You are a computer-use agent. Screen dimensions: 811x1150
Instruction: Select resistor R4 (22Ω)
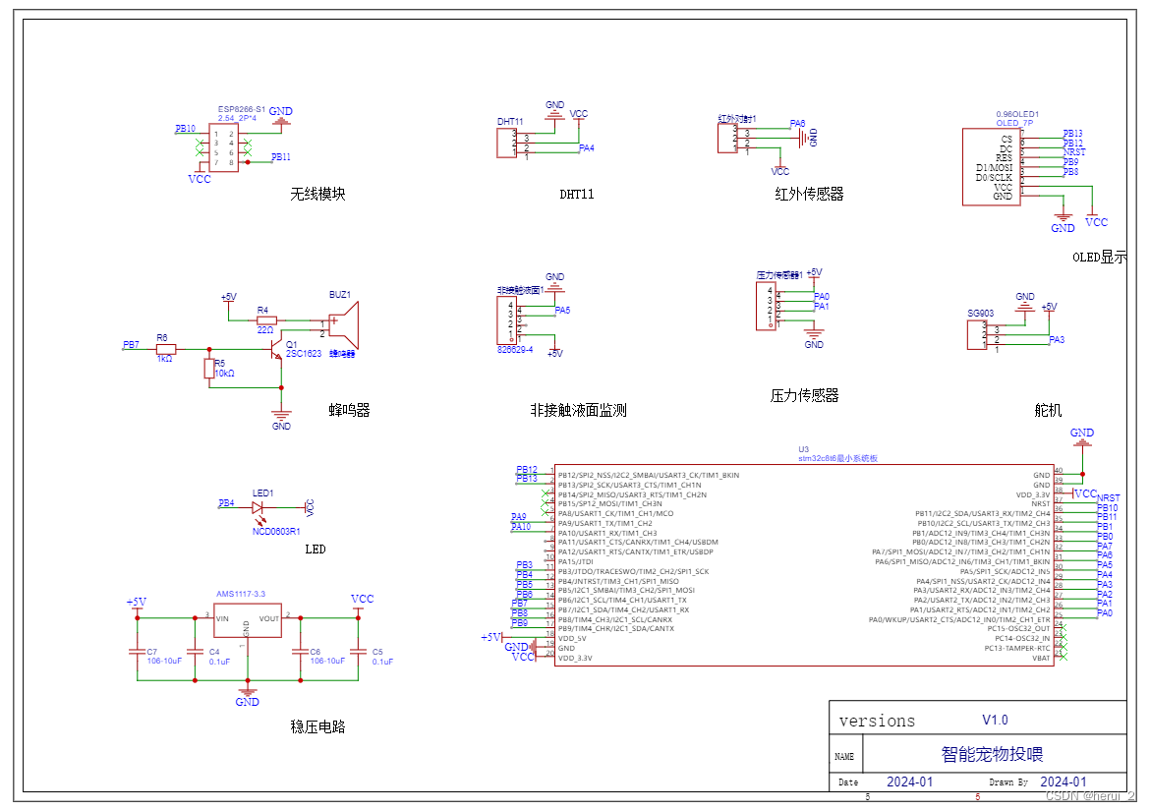266,319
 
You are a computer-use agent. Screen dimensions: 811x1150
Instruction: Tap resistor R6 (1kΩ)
165,349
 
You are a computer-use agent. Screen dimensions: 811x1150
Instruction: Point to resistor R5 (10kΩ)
208,369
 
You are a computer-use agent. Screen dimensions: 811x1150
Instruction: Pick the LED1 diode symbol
259,508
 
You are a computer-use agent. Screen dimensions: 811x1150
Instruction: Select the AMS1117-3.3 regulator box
247,619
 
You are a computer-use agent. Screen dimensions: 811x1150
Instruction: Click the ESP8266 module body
224,147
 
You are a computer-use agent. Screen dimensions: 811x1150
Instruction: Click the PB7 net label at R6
131,345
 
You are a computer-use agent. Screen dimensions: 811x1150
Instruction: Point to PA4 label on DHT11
586,148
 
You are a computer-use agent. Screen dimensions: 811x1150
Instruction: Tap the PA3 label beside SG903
1057,340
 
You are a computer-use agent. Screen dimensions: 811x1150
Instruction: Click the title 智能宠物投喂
992,754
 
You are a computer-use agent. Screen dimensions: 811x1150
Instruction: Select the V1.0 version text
995,720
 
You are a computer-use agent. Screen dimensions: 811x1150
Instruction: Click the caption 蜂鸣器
349,410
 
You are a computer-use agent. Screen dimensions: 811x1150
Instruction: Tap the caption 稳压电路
317,726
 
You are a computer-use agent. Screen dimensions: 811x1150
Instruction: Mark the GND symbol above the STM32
1081,436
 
